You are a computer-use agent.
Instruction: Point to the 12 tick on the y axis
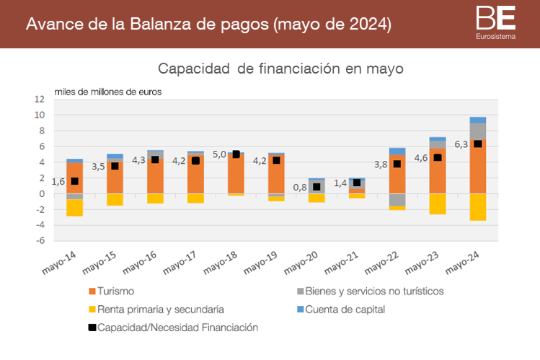pyautogui.click(x=40, y=99)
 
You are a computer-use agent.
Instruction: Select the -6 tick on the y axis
pyautogui.click(x=40, y=241)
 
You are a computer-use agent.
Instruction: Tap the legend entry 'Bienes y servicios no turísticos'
pyautogui.click(x=367, y=291)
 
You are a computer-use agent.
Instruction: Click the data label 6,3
pyautogui.click(x=461, y=144)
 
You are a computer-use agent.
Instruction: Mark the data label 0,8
pyautogui.click(x=301, y=188)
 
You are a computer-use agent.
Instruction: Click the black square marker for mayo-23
pyautogui.click(x=437, y=157)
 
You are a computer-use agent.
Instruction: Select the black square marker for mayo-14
pyautogui.click(x=74, y=181)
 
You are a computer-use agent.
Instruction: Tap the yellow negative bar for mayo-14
pyautogui.click(x=74, y=207)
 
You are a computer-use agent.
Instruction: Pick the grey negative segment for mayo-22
pyautogui.click(x=397, y=200)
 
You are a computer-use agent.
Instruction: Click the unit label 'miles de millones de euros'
pyautogui.click(x=108, y=92)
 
